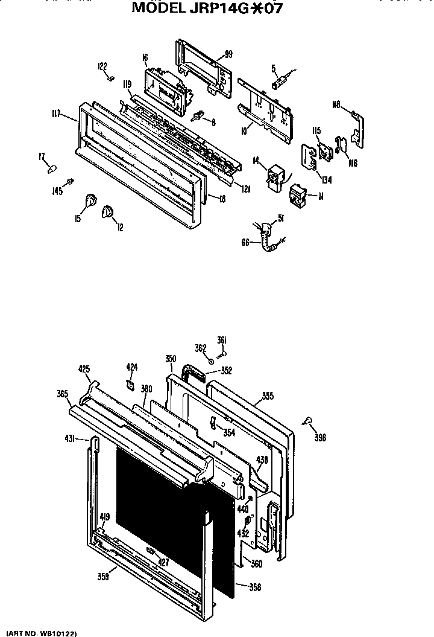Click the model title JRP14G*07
[207, 8]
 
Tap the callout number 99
[228, 54]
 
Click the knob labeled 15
[91, 201]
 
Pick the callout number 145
[57, 192]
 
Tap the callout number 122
[102, 66]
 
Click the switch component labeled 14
[277, 176]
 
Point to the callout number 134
[326, 180]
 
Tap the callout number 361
[221, 340]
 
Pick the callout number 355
[267, 397]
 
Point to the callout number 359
[103, 577]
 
